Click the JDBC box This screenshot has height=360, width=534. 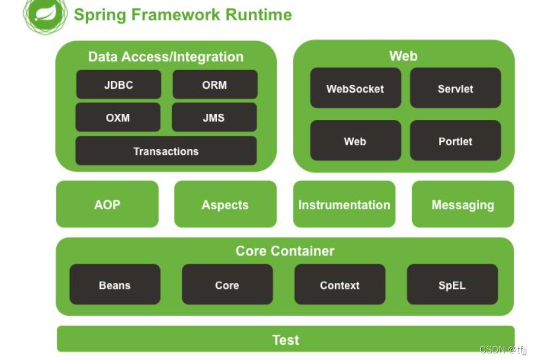click(118, 84)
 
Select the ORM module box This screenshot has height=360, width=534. click(215, 84)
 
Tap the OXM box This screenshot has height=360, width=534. click(118, 117)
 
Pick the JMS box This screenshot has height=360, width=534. click(214, 117)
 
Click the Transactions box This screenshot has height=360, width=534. click(166, 151)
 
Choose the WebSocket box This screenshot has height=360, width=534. click(355, 88)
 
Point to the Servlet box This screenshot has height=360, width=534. click(455, 88)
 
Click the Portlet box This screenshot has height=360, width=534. click(455, 140)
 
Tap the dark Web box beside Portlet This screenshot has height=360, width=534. click(355, 140)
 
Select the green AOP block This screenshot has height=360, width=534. click(107, 204)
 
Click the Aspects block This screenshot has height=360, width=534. click(225, 204)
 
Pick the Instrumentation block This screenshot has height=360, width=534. click(344, 204)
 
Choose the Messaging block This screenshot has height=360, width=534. click(463, 204)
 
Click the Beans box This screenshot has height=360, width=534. click(115, 284)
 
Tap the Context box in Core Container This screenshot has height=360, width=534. click(340, 284)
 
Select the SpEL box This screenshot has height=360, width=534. click(452, 284)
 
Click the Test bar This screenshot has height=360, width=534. click(286, 339)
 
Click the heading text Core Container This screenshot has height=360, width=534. click(285, 251)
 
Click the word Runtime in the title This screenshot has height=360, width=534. click(258, 15)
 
